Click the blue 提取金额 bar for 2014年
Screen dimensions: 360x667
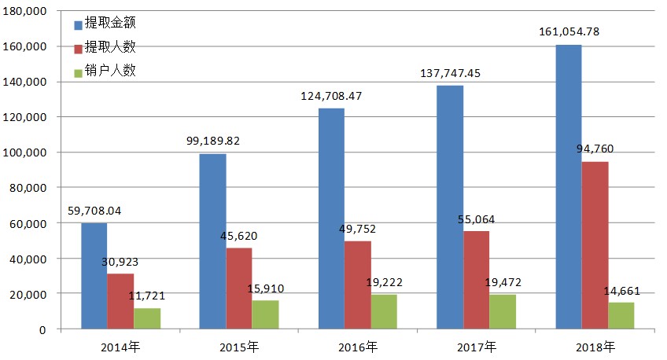pos(94,275)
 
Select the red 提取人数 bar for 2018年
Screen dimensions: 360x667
pos(595,244)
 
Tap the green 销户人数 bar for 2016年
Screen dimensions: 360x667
pos(384,311)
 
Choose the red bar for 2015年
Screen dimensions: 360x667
pos(238,288)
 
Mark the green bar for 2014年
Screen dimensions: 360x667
pos(146,318)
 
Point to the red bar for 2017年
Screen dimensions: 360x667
pos(476,280)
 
